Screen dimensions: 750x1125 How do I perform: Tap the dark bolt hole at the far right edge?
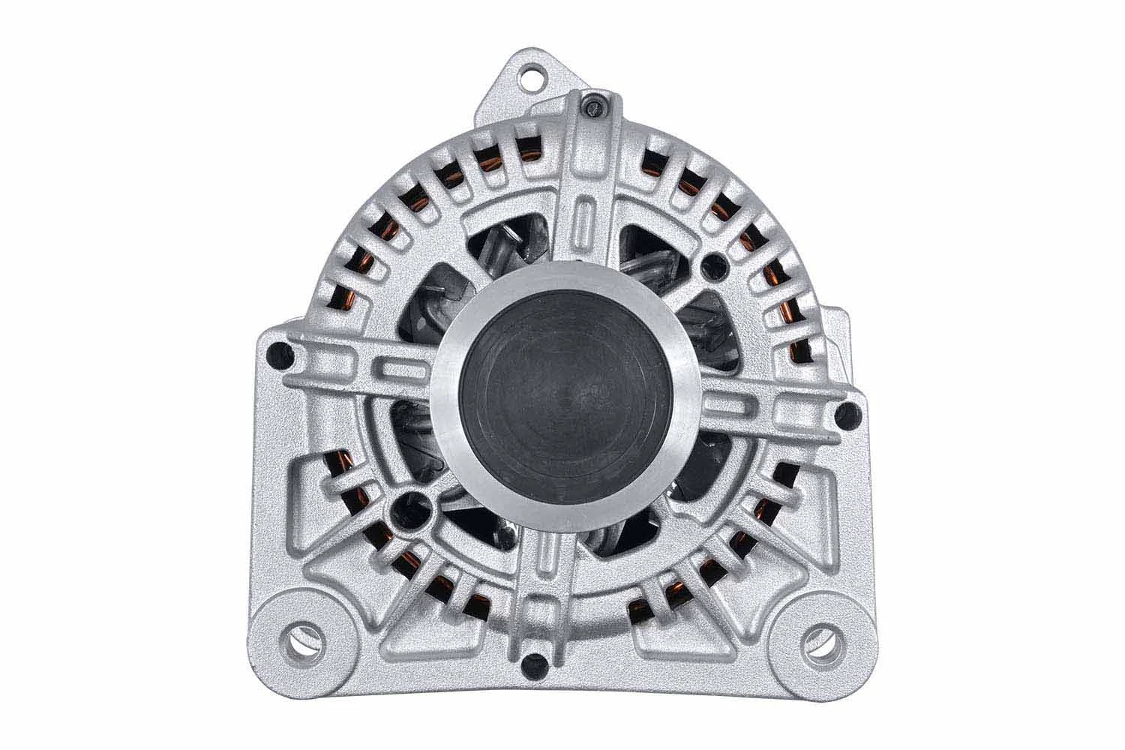tap(848, 410)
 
